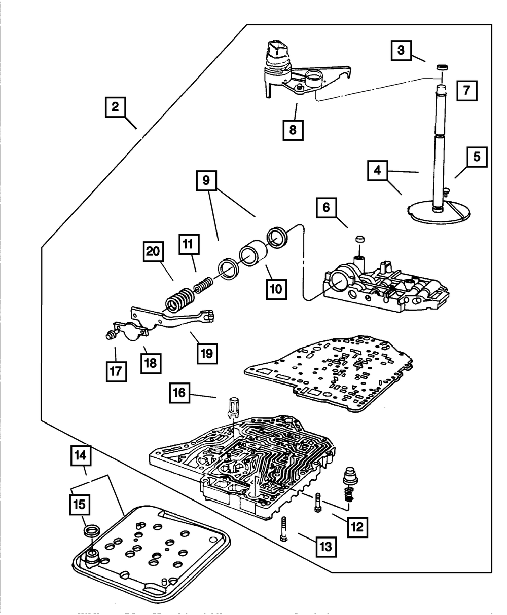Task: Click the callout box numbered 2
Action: [116, 107]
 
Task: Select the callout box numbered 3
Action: [401, 51]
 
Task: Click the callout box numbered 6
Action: [325, 208]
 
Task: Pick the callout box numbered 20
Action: [153, 251]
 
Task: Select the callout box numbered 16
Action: [180, 393]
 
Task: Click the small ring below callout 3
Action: [442, 67]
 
